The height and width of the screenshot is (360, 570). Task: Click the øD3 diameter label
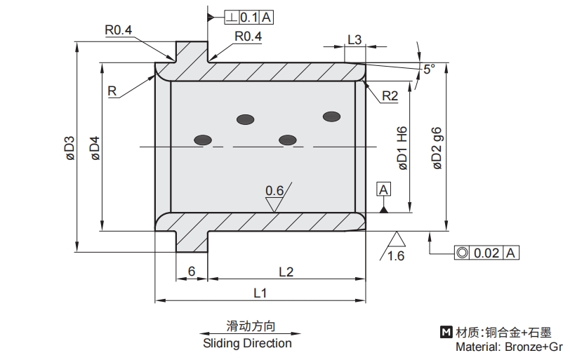pos(69,149)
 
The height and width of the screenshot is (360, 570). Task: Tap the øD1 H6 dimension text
pos(403,148)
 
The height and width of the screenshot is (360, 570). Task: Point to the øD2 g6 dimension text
pos(437,148)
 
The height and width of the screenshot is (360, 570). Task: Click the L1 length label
pos(260,291)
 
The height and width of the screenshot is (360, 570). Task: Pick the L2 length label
pos(286,271)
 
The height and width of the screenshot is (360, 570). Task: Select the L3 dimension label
pos(354,40)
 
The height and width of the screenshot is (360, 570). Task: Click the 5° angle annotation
pos(429,69)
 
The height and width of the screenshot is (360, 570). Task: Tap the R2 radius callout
pos(390,97)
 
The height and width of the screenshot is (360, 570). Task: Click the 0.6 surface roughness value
pos(274,191)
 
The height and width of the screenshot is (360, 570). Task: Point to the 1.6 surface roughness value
pos(396,256)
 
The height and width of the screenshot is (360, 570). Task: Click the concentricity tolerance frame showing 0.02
pos(486,253)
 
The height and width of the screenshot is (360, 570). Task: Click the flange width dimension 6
pos(191,272)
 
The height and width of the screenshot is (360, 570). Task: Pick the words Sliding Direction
pos(247,343)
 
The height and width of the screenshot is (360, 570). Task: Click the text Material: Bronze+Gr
pos(509,347)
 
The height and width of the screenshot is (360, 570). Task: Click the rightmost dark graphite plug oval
pos(331,116)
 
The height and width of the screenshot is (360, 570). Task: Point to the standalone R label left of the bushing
pos(112,91)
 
